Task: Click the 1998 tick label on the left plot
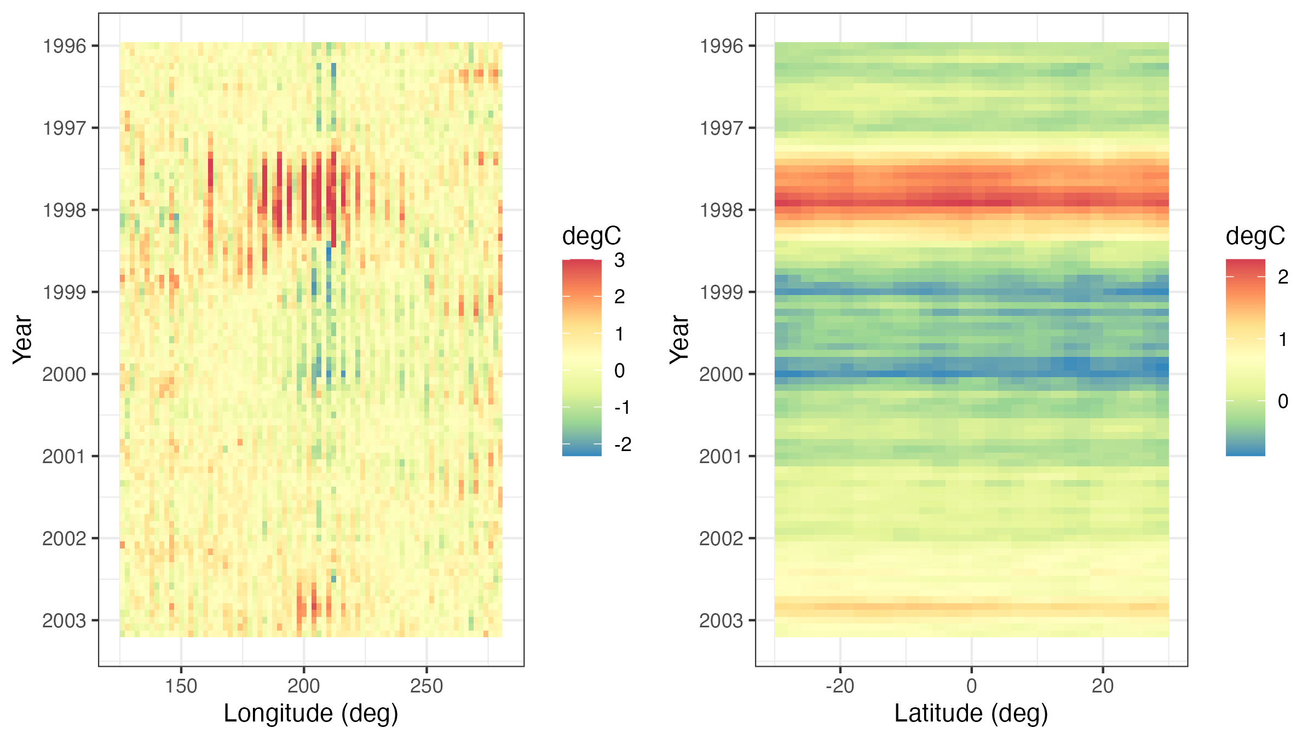click(x=65, y=210)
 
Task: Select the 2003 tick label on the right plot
click(x=722, y=621)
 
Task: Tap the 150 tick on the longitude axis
click(x=181, y=686)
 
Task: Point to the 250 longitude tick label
click(x=427, y=686)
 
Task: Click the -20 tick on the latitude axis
click(x=840, y=686)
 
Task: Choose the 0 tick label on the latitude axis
click(x=971, y=686)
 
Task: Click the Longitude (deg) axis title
click(x=311, y=714)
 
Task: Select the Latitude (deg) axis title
click(x=971, y=714)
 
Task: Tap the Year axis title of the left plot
click(x=22, y=339)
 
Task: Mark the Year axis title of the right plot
click(x=679, y=339)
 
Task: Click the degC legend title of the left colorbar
click(x=591, y=236)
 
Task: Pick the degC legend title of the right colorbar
click(x=1255, y=236)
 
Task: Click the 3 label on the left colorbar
click(x=619, y=261)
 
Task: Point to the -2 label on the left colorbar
click(x=623, y=444)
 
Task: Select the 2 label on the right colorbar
click(x=1283, y=277)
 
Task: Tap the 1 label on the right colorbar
click(x=1283, y=339)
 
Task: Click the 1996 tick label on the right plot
click(x=722, y=46)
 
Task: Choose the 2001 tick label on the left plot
click(x=65, y=457)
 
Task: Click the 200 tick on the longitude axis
click(x=304, y=686)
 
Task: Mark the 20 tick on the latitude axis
click(x=1103, y=686)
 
